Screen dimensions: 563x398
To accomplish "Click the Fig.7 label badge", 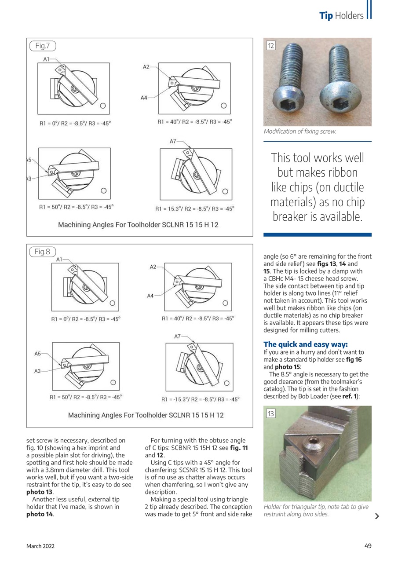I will (x=43, y=46).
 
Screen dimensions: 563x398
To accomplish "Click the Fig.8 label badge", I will (x=43, y=252).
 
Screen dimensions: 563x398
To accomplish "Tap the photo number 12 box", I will (x=271, y=45).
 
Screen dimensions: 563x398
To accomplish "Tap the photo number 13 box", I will (x=271, y=413).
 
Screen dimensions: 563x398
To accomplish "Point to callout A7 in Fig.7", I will (x=172, y=141).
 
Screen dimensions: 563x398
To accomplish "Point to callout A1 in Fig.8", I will (x=60, y=260).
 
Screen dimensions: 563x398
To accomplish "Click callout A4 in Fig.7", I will (x=144, y=98).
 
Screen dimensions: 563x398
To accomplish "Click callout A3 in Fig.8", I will (x=37, y=371).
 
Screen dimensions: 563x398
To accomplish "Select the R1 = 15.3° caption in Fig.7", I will (x=194, y=209).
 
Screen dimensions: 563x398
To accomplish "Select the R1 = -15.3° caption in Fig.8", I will (x=200, y=399).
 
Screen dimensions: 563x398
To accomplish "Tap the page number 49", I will (x=368, y=546).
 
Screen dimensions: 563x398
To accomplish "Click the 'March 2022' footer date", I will (x=40, y=546).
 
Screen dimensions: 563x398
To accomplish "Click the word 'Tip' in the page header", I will (x=326, y=16).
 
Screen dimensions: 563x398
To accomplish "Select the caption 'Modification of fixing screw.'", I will (x=300, y=131).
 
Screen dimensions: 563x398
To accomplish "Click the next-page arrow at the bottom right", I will (x=376, y=516).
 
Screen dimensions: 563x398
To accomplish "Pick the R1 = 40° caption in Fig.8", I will (x=197, y=318).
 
